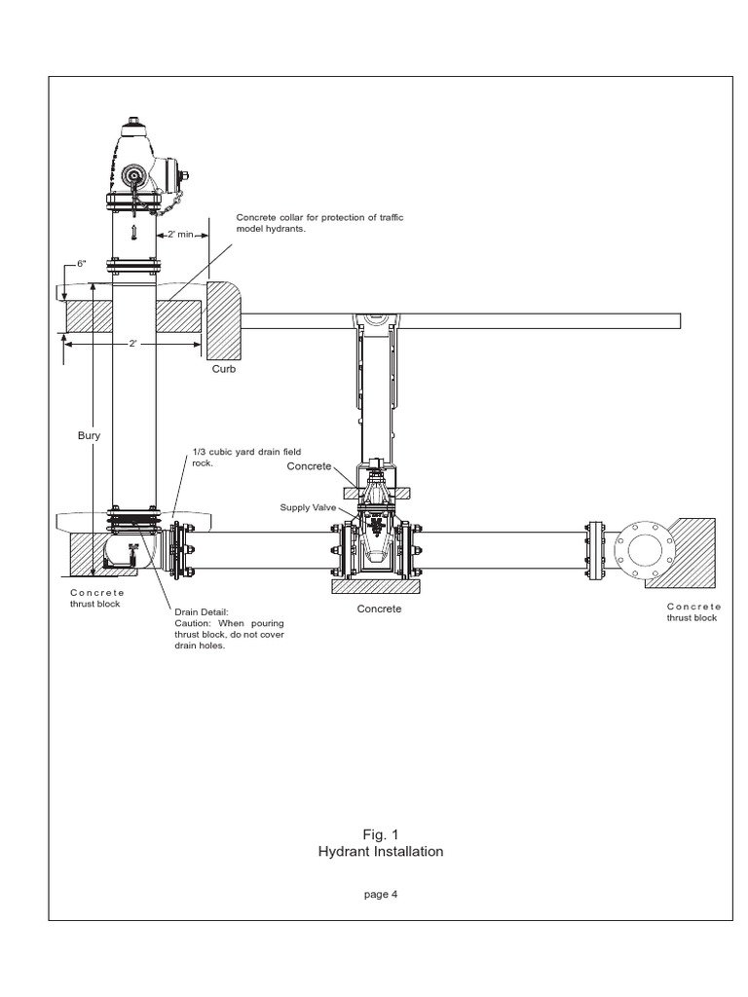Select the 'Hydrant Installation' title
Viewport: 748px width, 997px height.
click(x=380, y=852)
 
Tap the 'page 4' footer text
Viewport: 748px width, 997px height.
click(x=380, y=895)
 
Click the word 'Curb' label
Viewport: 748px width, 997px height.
click(x=225, y=370)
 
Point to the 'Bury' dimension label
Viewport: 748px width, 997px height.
click(x=90, y=435)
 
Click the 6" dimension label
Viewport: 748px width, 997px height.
click(x=82, y=264)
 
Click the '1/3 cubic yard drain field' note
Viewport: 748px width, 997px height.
click(x=235, y=453)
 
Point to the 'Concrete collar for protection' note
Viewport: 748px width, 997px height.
click(x=312, y=217)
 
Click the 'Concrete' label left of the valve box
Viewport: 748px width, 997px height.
click(x=311, y=467)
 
